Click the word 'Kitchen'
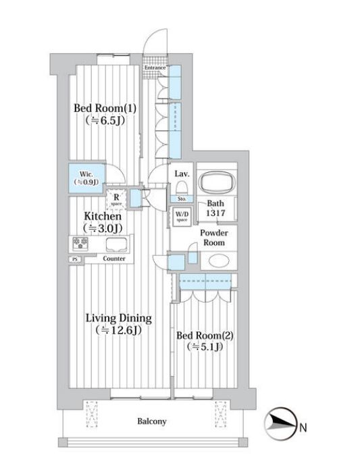click(x=103, y=217)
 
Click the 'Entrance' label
click(x=155, y=68)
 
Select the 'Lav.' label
click(x=181, y=174)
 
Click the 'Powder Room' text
click(x=213, y=237)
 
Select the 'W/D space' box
click(x=181, y=216)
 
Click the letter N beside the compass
click(x=303, y=427)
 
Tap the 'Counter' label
click(x=114, y=259)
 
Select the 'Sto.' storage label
click(x=181, y=199)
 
